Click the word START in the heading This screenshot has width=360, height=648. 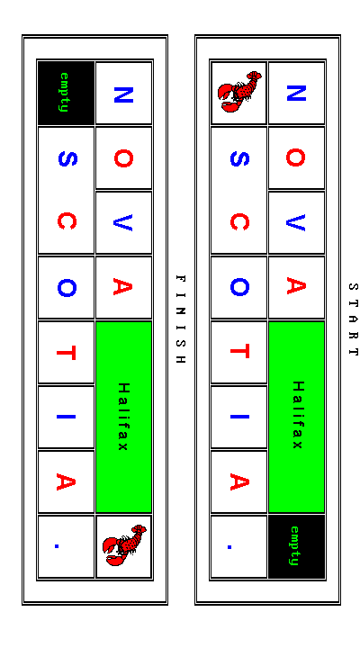(353, 319)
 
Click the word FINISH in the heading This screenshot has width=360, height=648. (181, 319)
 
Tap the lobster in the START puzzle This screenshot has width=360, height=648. (239, 92)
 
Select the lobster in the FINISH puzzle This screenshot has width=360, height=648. (124, 545)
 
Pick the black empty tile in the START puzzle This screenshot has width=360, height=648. (296, 546)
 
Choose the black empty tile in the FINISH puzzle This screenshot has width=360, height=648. (66, 93)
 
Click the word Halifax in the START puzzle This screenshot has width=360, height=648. (297, 415)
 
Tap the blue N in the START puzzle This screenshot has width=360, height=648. (296, 94)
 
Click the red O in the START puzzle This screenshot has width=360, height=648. (296, 157)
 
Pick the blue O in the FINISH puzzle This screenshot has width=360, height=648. (67, 288)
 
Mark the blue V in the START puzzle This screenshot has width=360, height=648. (296, 222)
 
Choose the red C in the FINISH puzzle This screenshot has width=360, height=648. (67, 221)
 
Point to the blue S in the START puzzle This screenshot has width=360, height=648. (239, 158)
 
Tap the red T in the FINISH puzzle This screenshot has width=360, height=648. (67, 353)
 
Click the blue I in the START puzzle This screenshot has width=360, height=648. (239, 417)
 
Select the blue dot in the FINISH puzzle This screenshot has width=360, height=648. (57, 546)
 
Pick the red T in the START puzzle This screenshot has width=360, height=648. (239, 352)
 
